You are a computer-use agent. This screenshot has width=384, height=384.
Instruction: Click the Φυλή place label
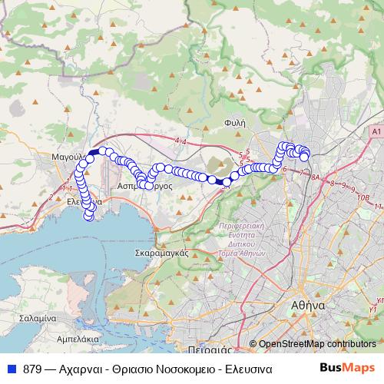[x=235, y=121]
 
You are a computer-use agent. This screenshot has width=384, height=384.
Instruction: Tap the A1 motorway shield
[x=375, y=132]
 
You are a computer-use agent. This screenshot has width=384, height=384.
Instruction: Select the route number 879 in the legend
[x=33, y=368]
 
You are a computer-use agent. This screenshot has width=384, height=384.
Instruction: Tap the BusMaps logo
[x=347, y=368]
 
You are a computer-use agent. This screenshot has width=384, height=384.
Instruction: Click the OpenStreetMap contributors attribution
[x=316, y=344]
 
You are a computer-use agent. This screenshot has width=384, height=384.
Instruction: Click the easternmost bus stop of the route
[x=305, y=157]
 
